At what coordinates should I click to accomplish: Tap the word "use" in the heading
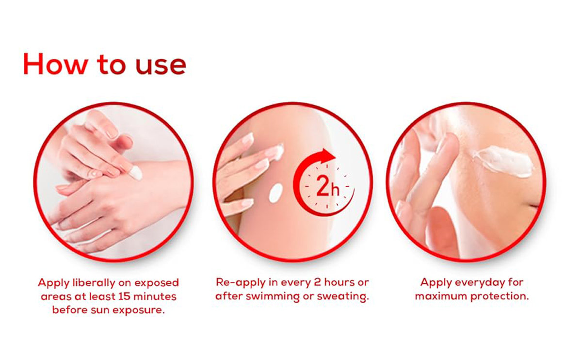tap(161, 66)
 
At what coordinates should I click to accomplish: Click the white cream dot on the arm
tap(275, 193)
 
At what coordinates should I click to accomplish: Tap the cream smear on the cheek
tap(503, 162)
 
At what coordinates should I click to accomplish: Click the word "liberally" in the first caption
tap(94, 282)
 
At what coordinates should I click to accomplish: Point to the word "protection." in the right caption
tap(500, 296)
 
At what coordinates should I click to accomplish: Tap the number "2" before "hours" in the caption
tap(318, 282)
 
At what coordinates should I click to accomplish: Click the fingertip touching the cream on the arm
tap(275, 151)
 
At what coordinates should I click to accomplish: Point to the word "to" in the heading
tap(112, 65)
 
